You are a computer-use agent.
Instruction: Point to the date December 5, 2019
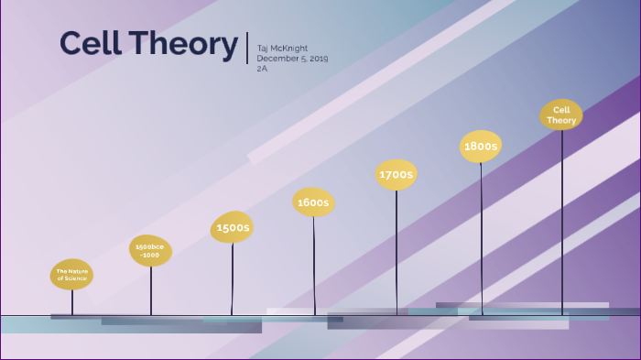coord(292,59)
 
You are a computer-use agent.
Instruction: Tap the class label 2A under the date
coord(262,69)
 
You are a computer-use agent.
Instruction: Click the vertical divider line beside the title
coord(247,47)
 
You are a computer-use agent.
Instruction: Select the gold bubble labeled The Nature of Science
coord(71,274)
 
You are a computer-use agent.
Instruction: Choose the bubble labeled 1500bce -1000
coord(150,250)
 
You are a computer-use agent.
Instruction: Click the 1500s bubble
coord(232,227)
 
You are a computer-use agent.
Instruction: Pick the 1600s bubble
coord(313,202)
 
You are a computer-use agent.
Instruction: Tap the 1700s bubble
coord(397,174)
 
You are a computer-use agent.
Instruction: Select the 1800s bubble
coord(481,147)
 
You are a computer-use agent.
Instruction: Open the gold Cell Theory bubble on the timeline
coord(561,115)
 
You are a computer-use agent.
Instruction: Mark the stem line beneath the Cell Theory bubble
coord(562,220)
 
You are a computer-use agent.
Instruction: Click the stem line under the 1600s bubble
coord(314,266)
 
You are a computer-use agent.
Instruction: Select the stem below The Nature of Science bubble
coord(71,302)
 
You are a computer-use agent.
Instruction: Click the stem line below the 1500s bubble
coord(232,279)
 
